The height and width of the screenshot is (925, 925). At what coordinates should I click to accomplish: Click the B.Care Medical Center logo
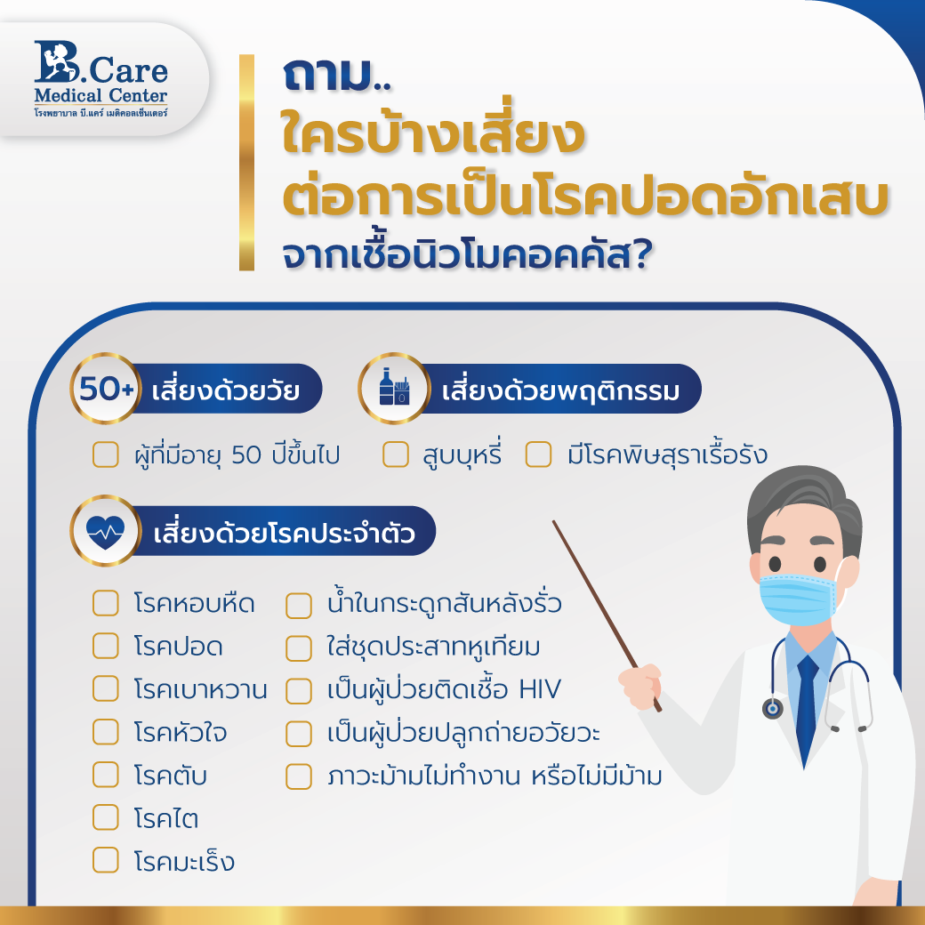click(x=101, y=79)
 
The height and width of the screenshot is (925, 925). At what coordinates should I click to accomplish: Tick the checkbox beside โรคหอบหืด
click(x=106, y=603)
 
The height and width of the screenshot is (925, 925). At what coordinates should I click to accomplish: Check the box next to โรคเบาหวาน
click(x=106, y=688)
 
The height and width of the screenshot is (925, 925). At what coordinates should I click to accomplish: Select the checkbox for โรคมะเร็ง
click(x=106, y=860)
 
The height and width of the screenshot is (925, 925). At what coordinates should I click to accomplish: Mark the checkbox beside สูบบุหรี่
click(x=396, y=454)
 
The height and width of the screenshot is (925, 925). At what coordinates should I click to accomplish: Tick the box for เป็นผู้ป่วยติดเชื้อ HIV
click(x=299, y=691)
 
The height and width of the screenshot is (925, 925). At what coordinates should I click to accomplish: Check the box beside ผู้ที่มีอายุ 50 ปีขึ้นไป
click(x=106, y=454)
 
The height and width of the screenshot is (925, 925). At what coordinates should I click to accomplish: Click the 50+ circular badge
click(x=106, y=388)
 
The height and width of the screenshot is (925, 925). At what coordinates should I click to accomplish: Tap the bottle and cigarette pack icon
click(x=394, y=388)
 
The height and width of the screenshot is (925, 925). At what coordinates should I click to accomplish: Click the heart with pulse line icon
click(x=106, y=530)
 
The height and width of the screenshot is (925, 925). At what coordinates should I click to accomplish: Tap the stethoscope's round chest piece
click(x=773, y=708)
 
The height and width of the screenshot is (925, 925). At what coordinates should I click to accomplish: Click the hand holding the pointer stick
click(x=640, y=685)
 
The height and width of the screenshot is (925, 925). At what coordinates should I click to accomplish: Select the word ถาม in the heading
click(x=327, y=75)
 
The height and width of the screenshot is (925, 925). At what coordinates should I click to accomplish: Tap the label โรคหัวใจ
click(x=181, y=731)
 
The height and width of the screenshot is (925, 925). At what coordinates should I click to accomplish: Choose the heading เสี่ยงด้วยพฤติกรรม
click(x=560, y=390)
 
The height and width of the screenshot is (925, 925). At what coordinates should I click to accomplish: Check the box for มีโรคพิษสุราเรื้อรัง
click(x=539, y=454)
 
